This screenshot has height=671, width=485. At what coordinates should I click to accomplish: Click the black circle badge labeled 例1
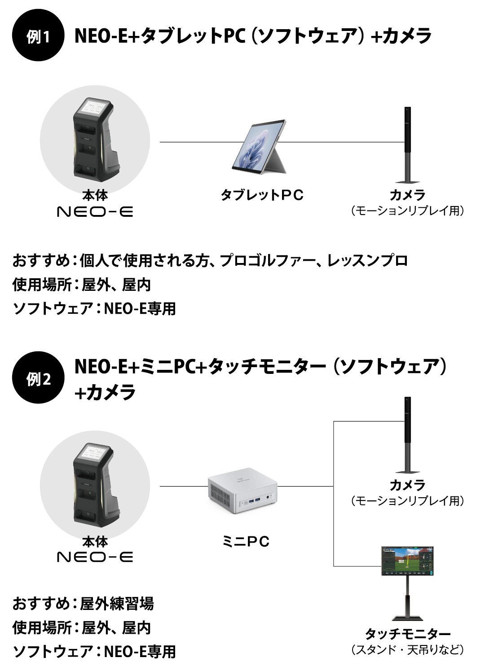point(38,35)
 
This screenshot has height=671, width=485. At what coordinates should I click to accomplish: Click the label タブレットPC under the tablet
point(262,195)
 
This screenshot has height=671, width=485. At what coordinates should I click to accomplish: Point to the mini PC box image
point(243,491)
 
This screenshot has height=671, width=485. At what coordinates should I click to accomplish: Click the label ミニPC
point(246,541)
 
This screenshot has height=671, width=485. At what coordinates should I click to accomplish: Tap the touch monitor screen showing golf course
point(408,561)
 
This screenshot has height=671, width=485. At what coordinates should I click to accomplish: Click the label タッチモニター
point(407,634)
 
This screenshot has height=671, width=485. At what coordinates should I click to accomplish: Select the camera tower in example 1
point(408,144)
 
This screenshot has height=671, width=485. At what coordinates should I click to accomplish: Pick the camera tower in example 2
point(408,433)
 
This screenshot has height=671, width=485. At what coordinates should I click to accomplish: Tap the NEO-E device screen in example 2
point(94,453)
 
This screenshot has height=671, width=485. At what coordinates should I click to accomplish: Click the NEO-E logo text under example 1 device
point(95,211)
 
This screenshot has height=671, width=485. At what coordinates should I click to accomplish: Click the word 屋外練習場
point(117,604)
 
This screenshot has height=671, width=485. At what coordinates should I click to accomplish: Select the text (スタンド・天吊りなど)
point(407,649)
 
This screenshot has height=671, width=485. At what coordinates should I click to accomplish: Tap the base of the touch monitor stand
point(408,618)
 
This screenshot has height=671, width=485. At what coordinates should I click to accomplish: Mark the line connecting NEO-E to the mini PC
point(184,486)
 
